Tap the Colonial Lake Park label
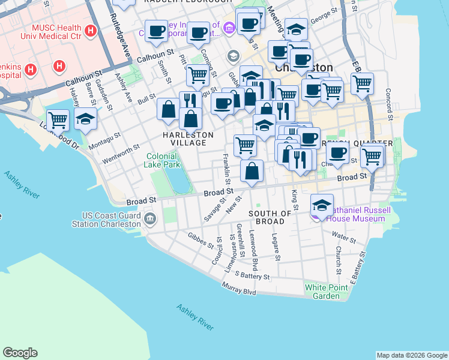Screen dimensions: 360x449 click(x=163, y=160)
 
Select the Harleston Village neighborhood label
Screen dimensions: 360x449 click(x=188, y=139)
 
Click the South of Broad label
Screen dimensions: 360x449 click(x=270, y=218)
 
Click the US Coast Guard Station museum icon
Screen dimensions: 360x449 click(x=149, y=219)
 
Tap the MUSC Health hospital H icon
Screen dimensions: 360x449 click(x=90, y=30)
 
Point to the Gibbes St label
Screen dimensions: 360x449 click(x=200, y=240)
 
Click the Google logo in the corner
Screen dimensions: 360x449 click(x=20, y=353)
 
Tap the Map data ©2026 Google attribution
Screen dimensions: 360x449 click(x=412, y=355)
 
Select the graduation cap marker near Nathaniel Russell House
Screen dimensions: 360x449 click(x=322, y=205)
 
